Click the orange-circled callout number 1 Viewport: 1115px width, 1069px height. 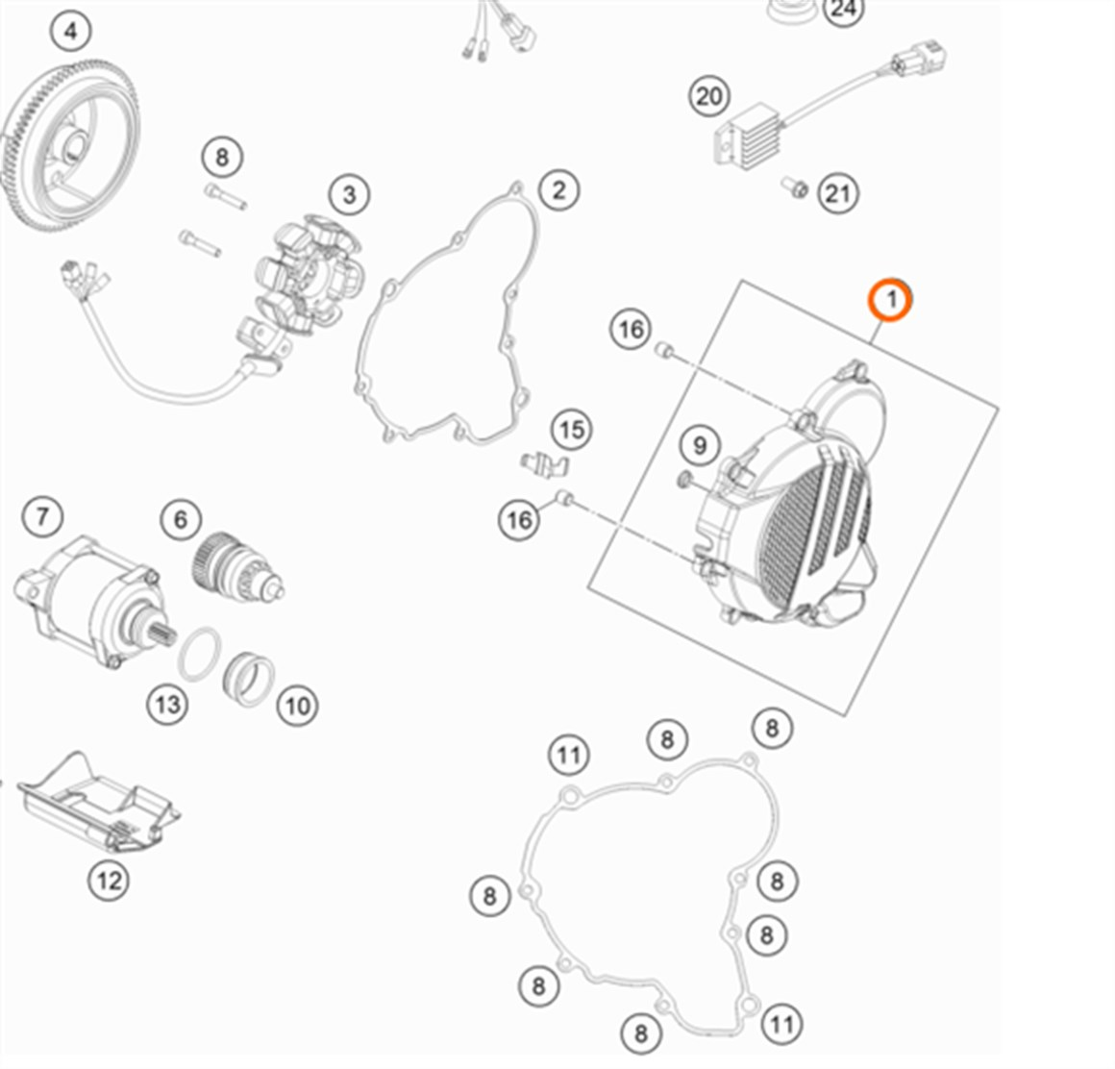(x=890, y=300)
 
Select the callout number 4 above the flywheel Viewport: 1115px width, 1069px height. (x=70, y=32)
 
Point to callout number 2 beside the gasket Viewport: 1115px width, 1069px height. (x=558, y=189)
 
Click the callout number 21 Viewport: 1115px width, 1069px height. (x=837, y=193)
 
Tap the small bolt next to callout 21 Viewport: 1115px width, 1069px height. (x=794, y=186)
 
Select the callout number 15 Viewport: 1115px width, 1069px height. (x=572, y=429)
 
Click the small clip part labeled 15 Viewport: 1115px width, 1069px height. (x=545, y=463)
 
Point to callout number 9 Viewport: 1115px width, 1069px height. (x=700, y=445)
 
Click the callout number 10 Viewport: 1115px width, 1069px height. (x=297, y=706)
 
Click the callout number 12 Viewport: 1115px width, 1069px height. (x=109, y=879)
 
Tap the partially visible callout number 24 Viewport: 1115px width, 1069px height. (x=842, y=10)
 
